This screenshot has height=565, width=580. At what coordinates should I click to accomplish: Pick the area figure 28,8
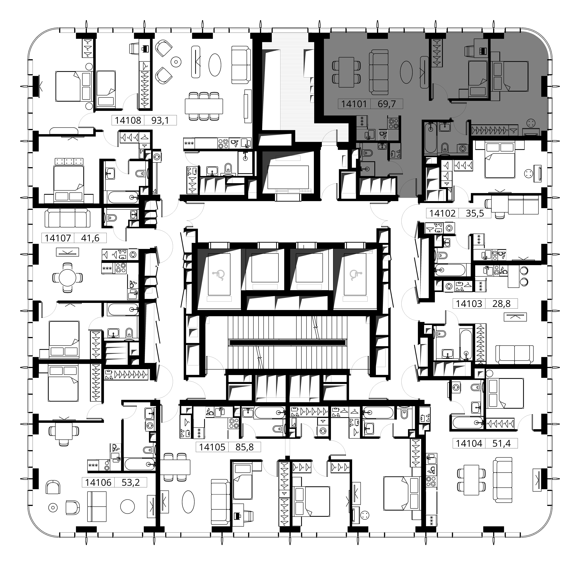pyautogui.click(x=501, y=303)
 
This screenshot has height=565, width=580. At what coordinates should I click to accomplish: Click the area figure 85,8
pyautogui.click(x=244, y=447)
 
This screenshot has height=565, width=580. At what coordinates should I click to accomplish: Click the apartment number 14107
pyautogui.click(x=58, y=238)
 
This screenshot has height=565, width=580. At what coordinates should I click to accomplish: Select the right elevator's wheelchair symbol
pyautogui.click(x=355, y=275)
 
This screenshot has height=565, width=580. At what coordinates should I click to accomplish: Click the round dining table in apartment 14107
pyautogui.click(x=68, y=278)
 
